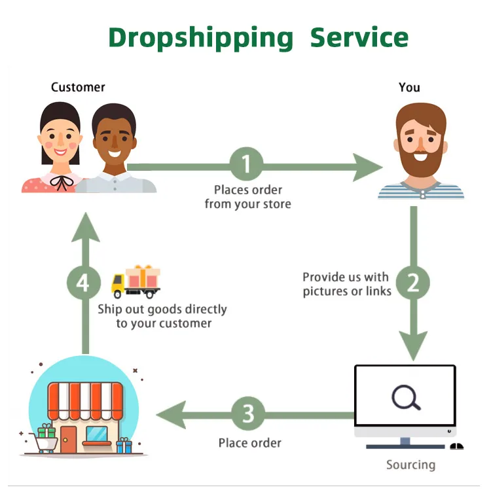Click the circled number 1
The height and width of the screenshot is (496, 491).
coord(246,164)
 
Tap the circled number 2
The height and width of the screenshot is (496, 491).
coord(413,283)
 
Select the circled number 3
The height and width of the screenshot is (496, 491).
coord(247,414)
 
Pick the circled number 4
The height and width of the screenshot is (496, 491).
coord(83,283)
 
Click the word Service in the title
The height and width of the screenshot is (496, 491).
coord(359,37)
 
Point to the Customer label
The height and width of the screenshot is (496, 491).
coord(78,87)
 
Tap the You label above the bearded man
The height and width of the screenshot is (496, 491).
coord(409,87)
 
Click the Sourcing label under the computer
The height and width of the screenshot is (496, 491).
coord(410,465)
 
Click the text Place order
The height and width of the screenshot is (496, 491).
coord(250,443)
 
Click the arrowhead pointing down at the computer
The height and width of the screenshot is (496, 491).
coord(413,344)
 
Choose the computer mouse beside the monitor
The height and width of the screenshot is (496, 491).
coord(457,446)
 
